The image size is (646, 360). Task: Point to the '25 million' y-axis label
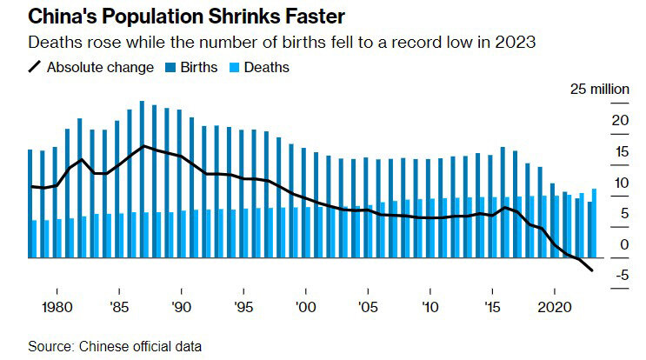pos(599,90)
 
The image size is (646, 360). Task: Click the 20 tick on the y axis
pos(595,120)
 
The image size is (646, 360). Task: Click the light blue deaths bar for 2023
pos(594,223)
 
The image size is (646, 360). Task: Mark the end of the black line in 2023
pos(593,270)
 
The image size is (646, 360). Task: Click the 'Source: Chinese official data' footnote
pos(115,346)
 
